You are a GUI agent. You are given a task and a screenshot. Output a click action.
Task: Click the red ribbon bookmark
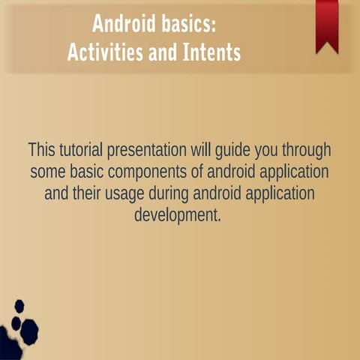tap(327, 22)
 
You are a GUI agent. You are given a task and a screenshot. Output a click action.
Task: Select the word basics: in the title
tap(190, 23)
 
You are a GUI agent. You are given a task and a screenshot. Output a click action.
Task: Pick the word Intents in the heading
tap(212, 53)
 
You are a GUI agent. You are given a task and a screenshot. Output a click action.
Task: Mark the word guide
tap(252, 149)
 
